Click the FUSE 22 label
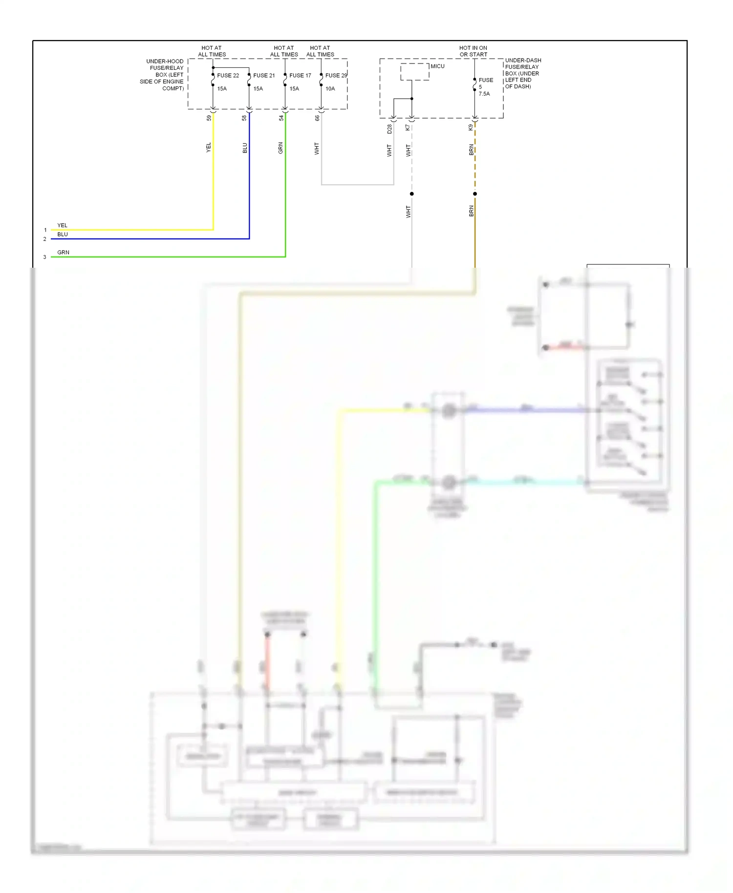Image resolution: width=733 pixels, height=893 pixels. tap(228, 76)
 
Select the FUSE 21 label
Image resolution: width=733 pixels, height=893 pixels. tap(264, 76)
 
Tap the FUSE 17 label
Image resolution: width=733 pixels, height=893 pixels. tap(300, 76)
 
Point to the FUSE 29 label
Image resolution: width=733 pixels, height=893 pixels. tap(336, 76)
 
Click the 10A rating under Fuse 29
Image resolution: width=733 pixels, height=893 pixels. tap(330, 89)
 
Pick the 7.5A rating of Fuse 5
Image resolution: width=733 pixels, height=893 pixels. tap(484, 94)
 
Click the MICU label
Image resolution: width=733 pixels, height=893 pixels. tap(437, 66)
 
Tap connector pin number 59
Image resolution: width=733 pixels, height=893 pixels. tap(209, 118)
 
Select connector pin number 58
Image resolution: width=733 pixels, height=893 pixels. tap(245, 118)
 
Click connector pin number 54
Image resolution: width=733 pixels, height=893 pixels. tap(281, 118)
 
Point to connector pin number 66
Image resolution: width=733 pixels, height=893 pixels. tap(317, 118)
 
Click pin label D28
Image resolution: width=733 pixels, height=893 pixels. tap(389, 129)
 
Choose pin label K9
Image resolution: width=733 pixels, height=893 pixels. tap(471, 128)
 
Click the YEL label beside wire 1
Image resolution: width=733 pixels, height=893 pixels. tap(63, 226)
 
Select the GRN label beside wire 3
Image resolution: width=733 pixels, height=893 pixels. tap(64, 253)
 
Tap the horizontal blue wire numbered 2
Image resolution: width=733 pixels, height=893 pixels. tap(147, 239)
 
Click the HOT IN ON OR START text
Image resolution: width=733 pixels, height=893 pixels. tap(473, 51)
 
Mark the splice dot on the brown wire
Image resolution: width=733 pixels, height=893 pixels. tap(475, 194)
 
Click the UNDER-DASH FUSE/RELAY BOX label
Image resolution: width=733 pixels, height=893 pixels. tap(522, 73)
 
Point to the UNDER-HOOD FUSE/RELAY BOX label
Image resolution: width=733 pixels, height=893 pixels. tap(163, 75)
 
